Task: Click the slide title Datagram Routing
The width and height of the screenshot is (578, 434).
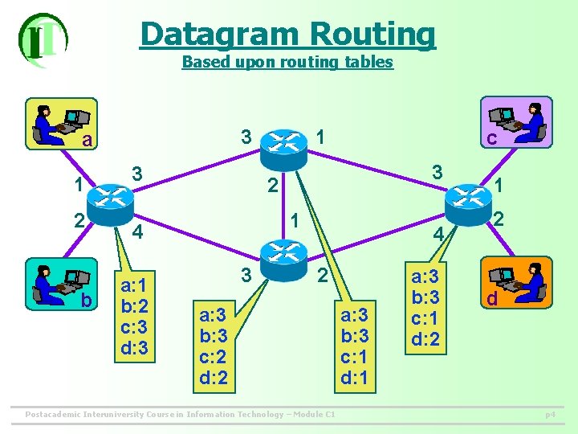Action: coord(287,34)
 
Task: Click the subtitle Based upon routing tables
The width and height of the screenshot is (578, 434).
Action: coord(287,62)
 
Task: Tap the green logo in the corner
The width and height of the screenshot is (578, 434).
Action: coord(42,38)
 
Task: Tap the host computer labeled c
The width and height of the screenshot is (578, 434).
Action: coord(516,122)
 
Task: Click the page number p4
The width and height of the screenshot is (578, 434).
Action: coord(550,415)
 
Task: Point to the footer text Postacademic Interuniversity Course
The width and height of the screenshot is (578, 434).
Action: coord(181,414)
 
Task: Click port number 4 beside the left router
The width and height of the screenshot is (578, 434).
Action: coord(137,234)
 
